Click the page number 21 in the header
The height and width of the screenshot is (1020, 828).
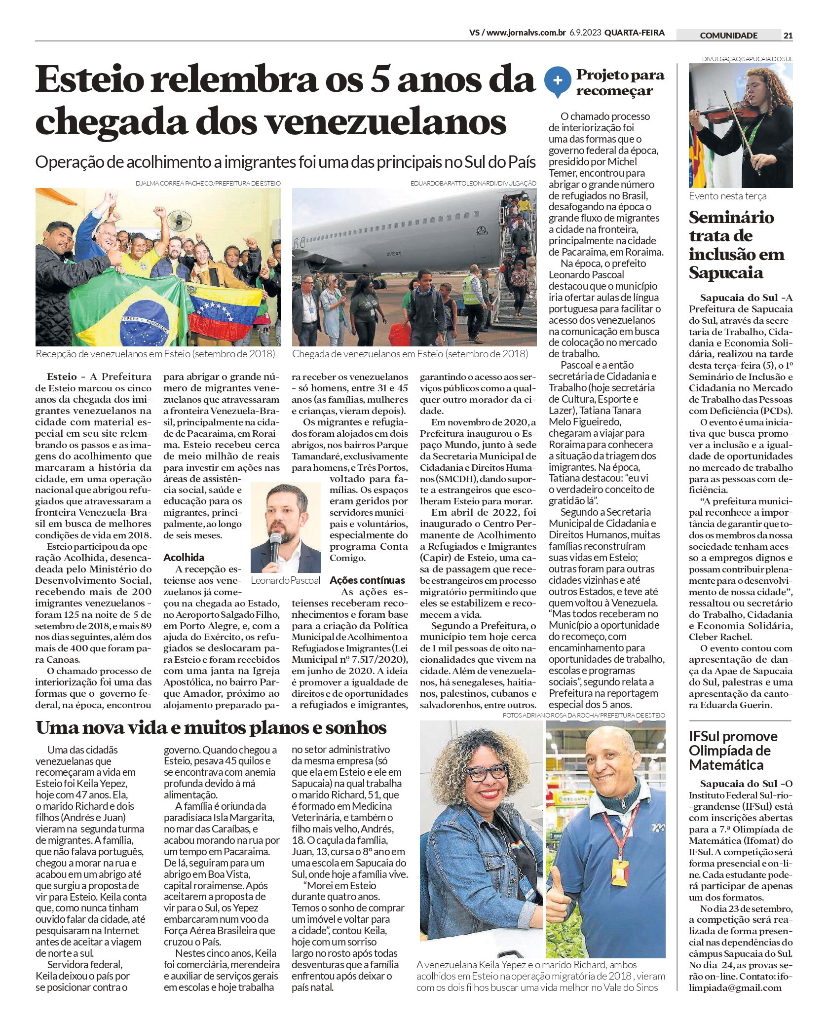tap(788, 35)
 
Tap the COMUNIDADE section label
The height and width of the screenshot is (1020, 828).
tap(728, 35)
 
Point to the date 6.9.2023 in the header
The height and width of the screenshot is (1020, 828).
tap(585, 33)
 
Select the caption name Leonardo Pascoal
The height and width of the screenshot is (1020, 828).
tap(285, 580)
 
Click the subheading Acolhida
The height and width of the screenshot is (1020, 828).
tap(184, 557)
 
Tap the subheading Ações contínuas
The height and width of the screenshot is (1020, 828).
tap(367, 580)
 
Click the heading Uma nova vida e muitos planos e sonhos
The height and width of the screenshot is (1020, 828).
tap(211, 727)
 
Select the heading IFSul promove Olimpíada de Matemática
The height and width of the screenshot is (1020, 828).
tap(733, 751)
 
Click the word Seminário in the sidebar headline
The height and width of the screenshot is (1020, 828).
tap(731, 217)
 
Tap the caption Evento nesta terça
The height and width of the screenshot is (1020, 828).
tap(727, 196)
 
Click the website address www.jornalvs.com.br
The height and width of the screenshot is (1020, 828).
tap(526, 33)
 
